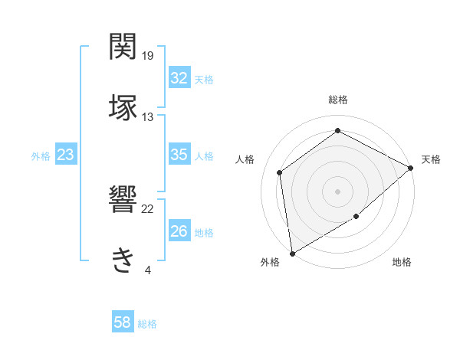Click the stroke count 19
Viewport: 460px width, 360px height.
[148, 56]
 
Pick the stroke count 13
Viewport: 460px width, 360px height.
[148, 116]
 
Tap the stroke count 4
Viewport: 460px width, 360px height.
[147, 270]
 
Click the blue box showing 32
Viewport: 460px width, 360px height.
[179, 78]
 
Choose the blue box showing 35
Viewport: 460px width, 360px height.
[179, 155]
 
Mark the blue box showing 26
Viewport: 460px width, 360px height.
[179, 231]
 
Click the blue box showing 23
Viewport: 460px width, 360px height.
[65, 155]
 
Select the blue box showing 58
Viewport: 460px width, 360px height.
[122, 322]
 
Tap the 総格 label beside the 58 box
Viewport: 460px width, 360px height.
[147, 324]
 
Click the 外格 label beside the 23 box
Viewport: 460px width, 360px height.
[41, 156]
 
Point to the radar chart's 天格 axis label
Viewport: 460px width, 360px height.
[431, 160]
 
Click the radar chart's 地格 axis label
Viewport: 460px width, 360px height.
[402, 263]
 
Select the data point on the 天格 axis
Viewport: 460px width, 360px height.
[411, 168]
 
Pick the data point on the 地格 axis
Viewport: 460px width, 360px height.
[356, 217]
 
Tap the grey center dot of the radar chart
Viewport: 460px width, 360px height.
[337, 191]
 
